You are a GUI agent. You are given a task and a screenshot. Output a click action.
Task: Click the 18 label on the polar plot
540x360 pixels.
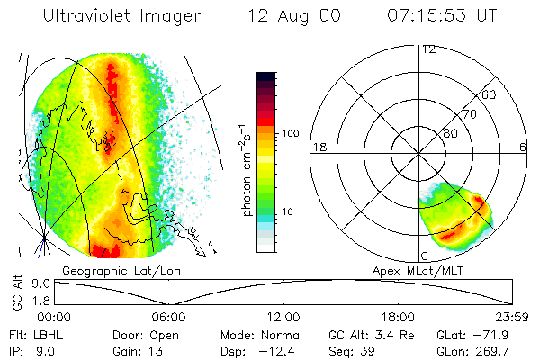pos(318,147)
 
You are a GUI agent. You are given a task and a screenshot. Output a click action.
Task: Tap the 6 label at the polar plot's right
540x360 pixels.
pos(523,147)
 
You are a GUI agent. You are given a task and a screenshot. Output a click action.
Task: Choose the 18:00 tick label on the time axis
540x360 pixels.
pos(398,317)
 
